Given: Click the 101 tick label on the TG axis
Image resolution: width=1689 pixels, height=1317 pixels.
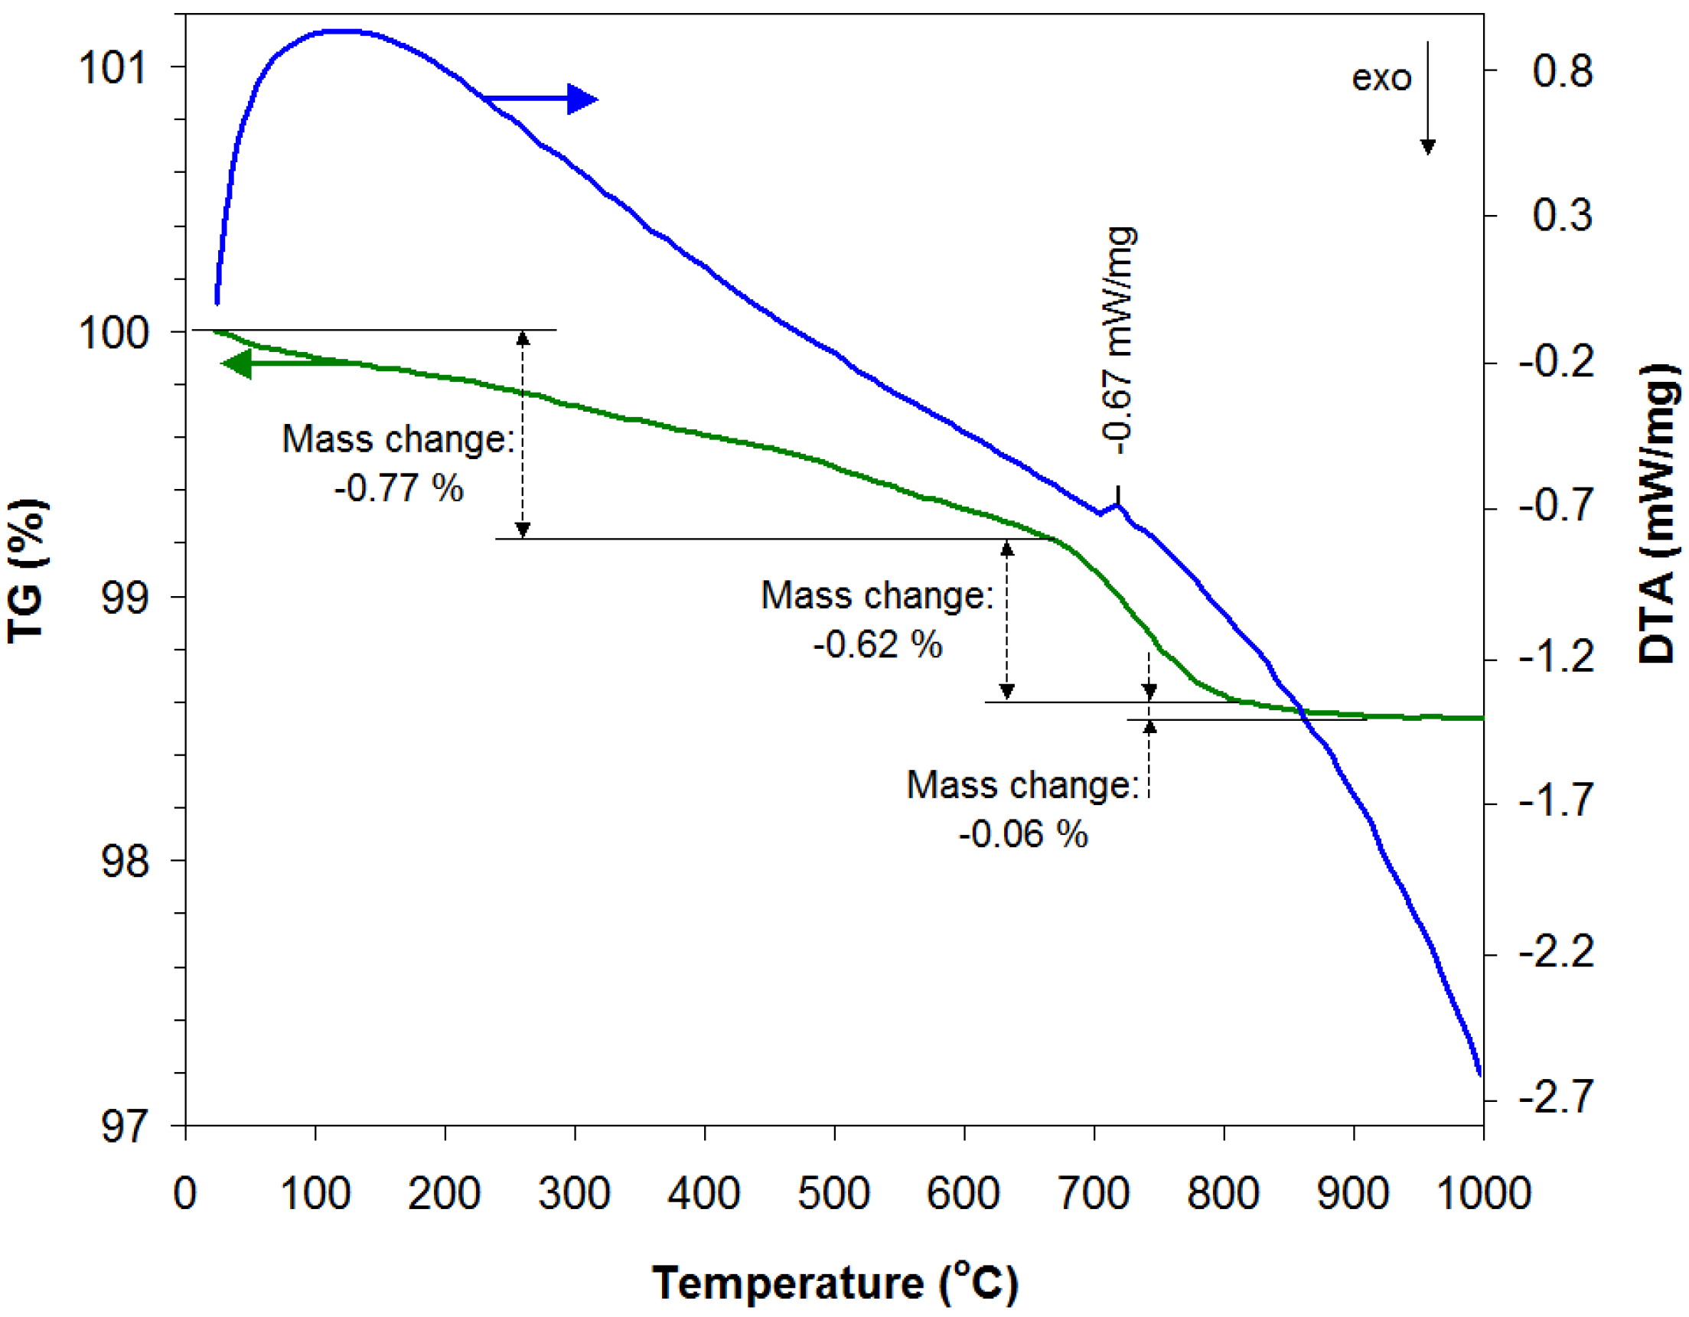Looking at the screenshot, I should tap(113, 68).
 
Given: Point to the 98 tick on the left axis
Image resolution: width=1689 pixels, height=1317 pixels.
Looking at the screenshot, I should tap(124, 861).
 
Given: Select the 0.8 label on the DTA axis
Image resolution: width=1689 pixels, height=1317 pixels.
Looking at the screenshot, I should tap(1561, 71).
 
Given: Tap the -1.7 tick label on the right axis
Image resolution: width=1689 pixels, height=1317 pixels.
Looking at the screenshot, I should tap(1556, 800).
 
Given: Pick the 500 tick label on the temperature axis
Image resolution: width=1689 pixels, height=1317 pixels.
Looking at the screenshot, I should tap(833, 1193).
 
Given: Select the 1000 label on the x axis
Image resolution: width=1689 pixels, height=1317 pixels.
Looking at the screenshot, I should tap(1482, 1193).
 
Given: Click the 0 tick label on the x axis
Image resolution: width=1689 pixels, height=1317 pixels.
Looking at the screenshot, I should tap(185, 1193).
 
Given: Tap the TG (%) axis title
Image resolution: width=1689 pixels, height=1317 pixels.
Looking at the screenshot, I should tap(27, 571).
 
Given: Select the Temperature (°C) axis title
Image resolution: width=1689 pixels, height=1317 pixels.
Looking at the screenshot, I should tap(833, 1283).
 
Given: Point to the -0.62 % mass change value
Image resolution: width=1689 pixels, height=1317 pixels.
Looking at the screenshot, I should tap(877, 645).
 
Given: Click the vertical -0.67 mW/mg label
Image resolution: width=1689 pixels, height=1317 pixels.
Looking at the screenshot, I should tap(1119, 341).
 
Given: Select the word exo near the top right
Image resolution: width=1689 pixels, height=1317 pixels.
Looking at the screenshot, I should tap(1381, 78).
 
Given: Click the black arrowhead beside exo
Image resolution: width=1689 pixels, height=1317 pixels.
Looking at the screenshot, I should tap(1427, 146).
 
